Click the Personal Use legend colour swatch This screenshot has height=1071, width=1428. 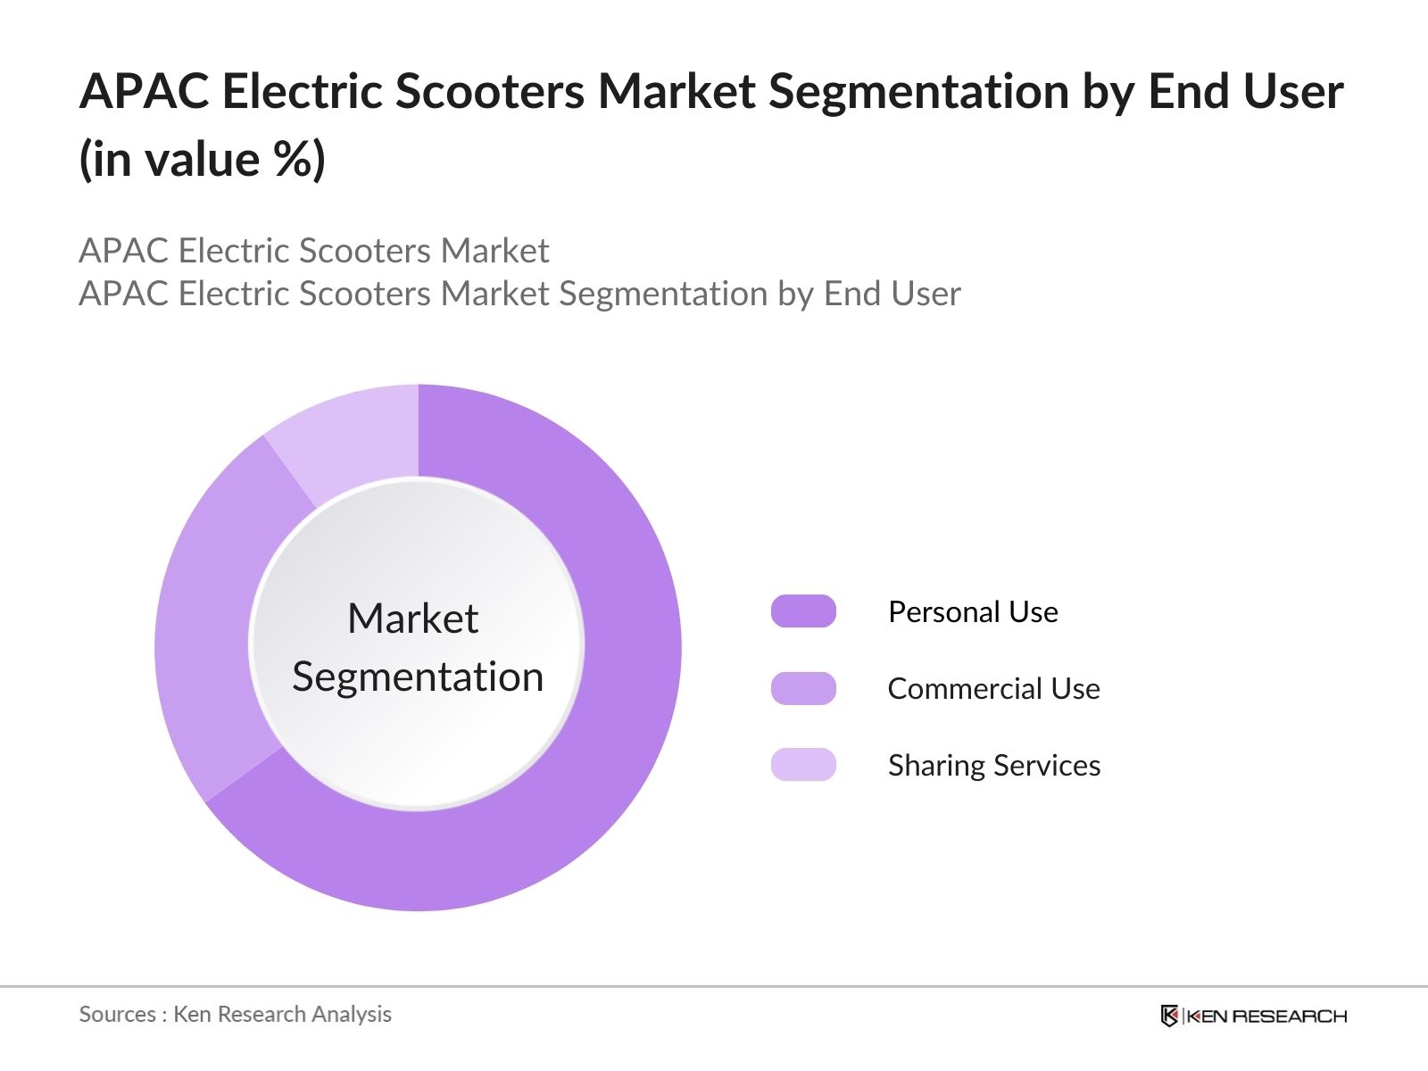pyautogui.click(x=803, y=611)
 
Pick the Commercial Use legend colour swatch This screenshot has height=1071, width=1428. pyautogui.click(x=803, y=688)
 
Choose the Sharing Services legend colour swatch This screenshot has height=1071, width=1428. pyautogui.click(x=803, y=765)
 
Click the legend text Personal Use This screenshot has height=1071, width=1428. pyautogui.click(x=973, y=612)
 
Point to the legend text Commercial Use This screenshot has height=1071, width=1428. pyautogui.click(x=993, y=689)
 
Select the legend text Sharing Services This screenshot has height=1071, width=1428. pyautogui.click(x=993, y=766)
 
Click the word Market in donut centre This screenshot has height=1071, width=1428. pyautogui.click(x=412, y=619)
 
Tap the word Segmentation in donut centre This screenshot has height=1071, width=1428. pyautogui.click(x=418, y=677)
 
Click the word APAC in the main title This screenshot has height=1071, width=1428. pyautogui.click(x=143, y=92)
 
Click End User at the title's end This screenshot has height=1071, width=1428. pyautogui.click(x=1246, y=92)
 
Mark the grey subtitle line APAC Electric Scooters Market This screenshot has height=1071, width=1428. pyautogui.click(x=314, y=251)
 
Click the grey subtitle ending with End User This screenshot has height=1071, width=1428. pyautogui.click(x=519, y=294)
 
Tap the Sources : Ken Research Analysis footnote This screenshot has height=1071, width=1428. pyautogui.click(x=235, y=1014)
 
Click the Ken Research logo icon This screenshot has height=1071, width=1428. pyautogui.click(x=1169, y=1016)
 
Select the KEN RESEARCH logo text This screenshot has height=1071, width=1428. pyautogui.click(x=1266, y=1016)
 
